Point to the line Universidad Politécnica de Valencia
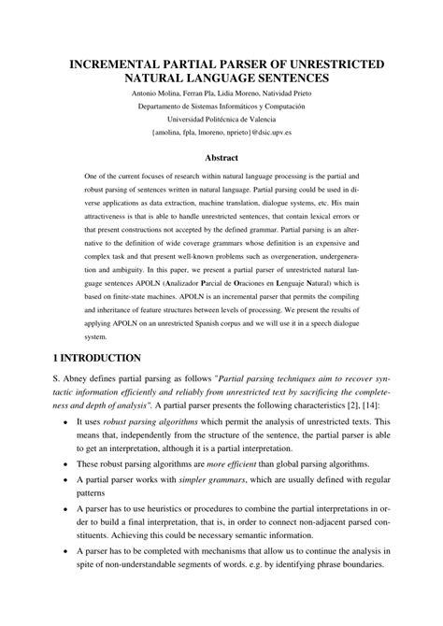[x=221, y=119]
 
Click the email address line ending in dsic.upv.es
[x=221, y=133]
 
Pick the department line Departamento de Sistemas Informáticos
[x=221, y=106]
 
